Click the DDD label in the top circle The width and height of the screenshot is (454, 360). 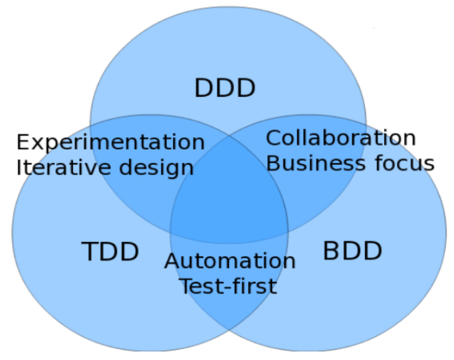click(225, 89)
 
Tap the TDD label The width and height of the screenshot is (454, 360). click(110, 252)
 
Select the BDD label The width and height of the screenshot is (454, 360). click(352, 251)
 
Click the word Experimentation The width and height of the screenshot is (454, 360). click(110, 143)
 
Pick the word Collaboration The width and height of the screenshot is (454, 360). click(341, 139)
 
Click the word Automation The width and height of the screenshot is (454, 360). click(230, 261)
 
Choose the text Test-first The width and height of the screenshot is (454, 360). click(228, 285)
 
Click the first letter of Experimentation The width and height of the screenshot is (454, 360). click(23, 142)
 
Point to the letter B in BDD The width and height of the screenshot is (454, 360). click(332, 251)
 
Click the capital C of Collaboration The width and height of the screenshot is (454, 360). click(273, 138)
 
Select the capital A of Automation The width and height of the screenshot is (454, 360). click(173, 261)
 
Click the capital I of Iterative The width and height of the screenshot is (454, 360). click(19, 167)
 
